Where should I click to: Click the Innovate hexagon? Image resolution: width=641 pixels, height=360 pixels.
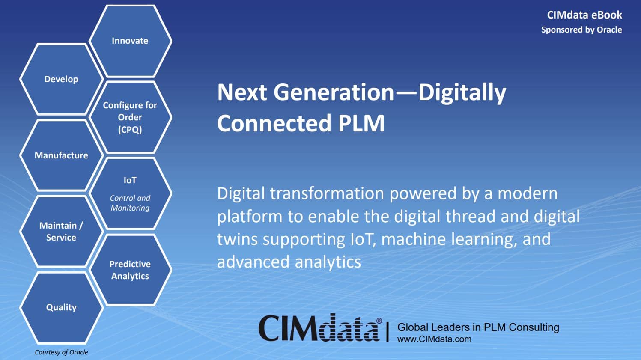pyautogui.click(x=130, y=41)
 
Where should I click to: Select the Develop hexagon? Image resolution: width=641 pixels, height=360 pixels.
pyautogui.click(x=61, y=79)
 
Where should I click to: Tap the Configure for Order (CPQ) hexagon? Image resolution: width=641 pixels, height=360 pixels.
pyautogui.click(x=130, y=117)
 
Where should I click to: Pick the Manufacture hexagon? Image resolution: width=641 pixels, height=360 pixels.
pyautogui.click(x=61, y=155)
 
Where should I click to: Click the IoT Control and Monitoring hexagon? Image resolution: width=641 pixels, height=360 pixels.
pyautogui.click(x=130, y=193)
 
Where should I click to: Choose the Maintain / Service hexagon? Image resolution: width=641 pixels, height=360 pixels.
pyautogui.click(x=61, y=232)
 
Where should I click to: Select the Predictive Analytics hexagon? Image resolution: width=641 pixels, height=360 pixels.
pyautogui.click(x=130, y=270)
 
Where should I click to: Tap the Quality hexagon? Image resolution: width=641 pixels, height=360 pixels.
pyautogui.click(x=61, y=308)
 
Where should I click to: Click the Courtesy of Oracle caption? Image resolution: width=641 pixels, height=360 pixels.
pyautogui.click(x=62, y=352)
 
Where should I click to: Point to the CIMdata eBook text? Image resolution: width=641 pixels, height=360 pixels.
pyautogui.click(x=584, y=15)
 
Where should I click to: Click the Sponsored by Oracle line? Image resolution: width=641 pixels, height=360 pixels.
pyautogui.click(x=581, y=30)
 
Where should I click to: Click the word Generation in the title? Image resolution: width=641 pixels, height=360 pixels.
pyautogui.click(x=334, y=93)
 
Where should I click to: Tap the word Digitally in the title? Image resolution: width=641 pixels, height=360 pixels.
pyautogui.click(x=462, y=93)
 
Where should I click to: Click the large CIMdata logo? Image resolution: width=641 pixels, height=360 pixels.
pyautogui.click(x=319, y=327)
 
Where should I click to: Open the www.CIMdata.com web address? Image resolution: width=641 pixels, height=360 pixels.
pyautogui.click(x=434, y=339)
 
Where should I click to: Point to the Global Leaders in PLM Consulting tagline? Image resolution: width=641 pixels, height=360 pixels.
pyautogui.click(x=478, y=327)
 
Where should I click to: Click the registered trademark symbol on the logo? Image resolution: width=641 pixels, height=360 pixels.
pyautogui.click(x=379, y=321)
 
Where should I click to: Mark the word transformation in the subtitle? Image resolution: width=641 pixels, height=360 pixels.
pyautogui.click(x=327, y=194)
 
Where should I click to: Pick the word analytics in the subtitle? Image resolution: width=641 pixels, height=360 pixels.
pyautogui.click(x=328, y=262)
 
